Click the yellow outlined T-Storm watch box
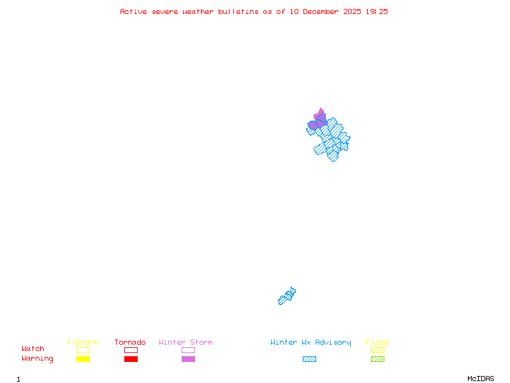(83, 350)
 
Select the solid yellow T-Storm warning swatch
(83, 359)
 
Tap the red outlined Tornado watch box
(131, 350)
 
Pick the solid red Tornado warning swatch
(131, 359)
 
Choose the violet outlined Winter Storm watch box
(188, 350)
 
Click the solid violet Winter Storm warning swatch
(188, 359)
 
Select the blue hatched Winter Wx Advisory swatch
(309, 359)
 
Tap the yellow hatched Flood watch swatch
(377, 350)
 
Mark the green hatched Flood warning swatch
(377, 359)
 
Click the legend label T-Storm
(82, 342)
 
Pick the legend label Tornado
(130, 342)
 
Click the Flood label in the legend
(377, 342)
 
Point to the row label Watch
(33, 349)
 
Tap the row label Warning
(38, 359)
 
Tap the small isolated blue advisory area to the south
(287, 296)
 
